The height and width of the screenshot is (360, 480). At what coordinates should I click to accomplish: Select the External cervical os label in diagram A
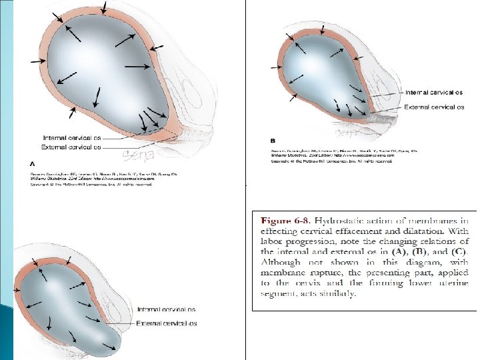71,147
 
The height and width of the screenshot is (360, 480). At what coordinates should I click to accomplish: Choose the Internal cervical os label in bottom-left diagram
167,310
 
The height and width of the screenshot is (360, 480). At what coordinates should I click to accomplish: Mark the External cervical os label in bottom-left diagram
167,323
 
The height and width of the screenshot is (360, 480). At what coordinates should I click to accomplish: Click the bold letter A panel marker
33,162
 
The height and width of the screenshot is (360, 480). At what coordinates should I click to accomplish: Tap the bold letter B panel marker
273,141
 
